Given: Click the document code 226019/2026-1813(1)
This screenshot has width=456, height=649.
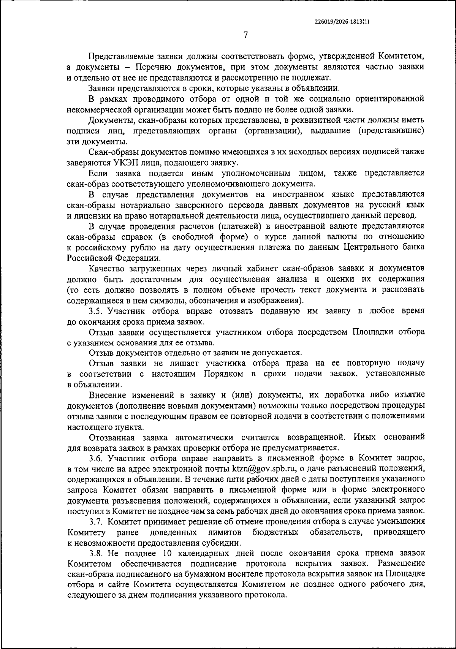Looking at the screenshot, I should tap(342, 22).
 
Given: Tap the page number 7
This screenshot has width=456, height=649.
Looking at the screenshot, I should tap(245, 35).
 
